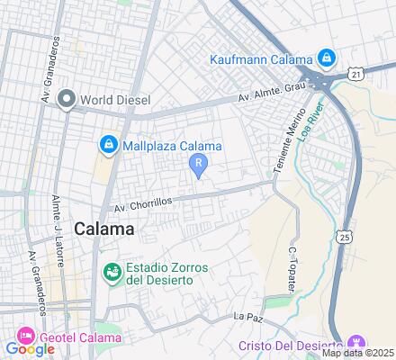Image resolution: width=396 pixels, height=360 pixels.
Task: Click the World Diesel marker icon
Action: pyautogui.click(x=65, y=99)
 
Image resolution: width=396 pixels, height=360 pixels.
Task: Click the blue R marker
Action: pyautogui.click(x=198, y=162)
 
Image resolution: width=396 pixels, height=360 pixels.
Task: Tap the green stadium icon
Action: pyautogui.click(x=112, y=270)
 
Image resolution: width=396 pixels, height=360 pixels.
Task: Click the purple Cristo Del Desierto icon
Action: pyautogui.click(x=356, y=344)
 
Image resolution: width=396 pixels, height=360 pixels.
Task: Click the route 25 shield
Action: pyautogui.click(x=346, y=236)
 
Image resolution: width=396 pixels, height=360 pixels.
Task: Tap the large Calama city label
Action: pyautogui.click(x=104, y=229)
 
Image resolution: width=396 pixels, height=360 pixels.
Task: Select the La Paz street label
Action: pyautogui.click(x=246, y=317)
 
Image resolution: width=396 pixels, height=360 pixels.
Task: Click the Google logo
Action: pyautogui.click(x=30, y=349)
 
